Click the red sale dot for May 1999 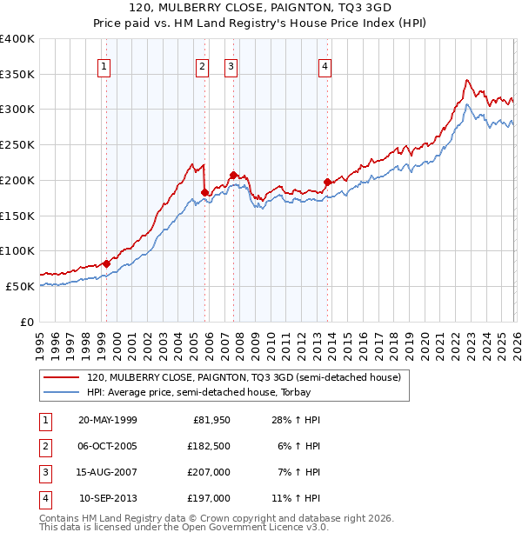click(106, 263)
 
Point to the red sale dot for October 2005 click(204, 192)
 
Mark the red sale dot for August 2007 click(233, 175)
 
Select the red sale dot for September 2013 click(326, 182)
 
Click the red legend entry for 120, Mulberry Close click(244, 378)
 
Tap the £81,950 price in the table click(211, 420)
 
